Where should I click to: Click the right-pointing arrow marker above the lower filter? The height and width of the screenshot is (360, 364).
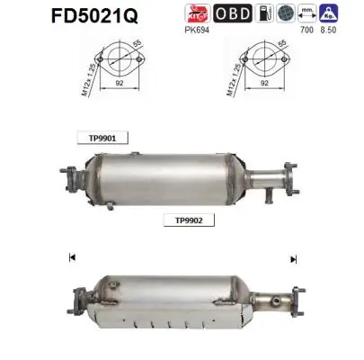click(293, 259)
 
